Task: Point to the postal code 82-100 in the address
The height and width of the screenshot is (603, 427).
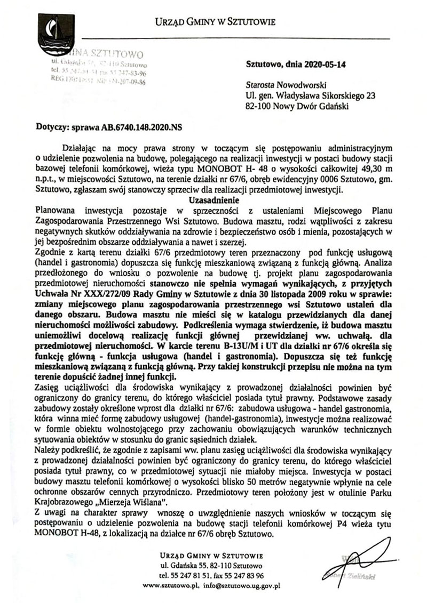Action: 259,106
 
